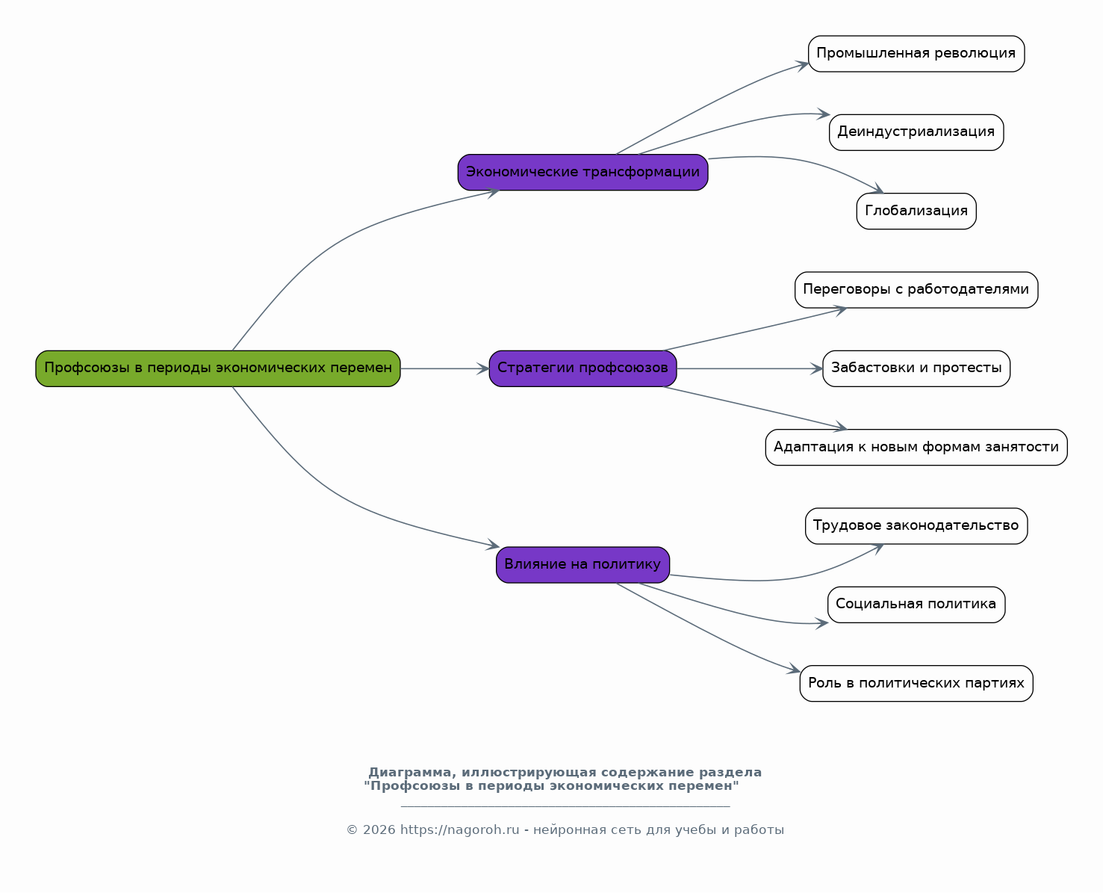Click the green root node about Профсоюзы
click(218, 368)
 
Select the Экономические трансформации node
click(582, 172)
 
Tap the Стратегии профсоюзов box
click(582, 368)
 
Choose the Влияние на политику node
click(582, 565)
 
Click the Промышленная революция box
click(916, 54)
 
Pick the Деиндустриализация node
click(916, 132)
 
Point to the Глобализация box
click(916, 211)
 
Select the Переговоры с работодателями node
click(916, 290)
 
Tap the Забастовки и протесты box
click(916, 368)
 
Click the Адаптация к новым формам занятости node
click(916, 447)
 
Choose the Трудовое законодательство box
click(916, 526)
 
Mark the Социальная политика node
click(916, 605)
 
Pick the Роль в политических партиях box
click(916, 683)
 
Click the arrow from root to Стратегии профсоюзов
click(445, 368)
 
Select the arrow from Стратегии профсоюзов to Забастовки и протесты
click(750, 368)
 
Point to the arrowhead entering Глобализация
click(877, 188)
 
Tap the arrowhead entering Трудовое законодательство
click(877, 549)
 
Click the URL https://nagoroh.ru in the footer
click(459, 829)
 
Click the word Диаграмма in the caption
click(410, 772)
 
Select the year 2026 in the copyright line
click(379, 829)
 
